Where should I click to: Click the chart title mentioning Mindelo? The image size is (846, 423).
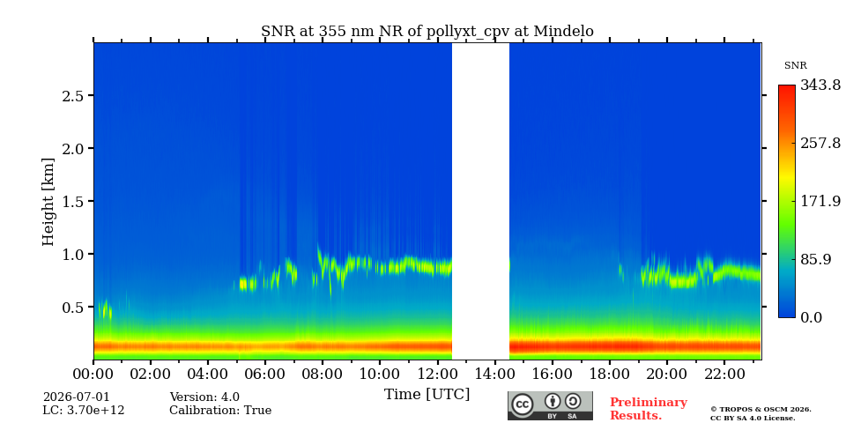tap(427, 32)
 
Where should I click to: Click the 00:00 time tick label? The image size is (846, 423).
tap(94, 374)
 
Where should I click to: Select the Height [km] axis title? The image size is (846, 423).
tap(48, 202)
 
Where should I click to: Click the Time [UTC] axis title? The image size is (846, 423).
tap(427, 395)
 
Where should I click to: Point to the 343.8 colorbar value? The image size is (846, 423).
tap(820, 85)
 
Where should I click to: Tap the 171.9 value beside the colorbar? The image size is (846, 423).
tap(820, 201)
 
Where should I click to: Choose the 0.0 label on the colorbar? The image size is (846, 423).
tap(811, 317)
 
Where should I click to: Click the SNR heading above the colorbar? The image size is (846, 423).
tap(795, 66)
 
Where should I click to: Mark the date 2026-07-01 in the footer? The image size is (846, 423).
tap(76, 397)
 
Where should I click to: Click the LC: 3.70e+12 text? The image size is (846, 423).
tap(84, 411)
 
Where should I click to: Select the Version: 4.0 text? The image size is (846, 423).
tap(204, 397)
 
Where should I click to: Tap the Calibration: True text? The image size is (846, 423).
tap(220, 411)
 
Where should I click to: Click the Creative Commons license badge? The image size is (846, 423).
tap(550, 405)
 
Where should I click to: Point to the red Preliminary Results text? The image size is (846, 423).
tap(649, 408)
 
